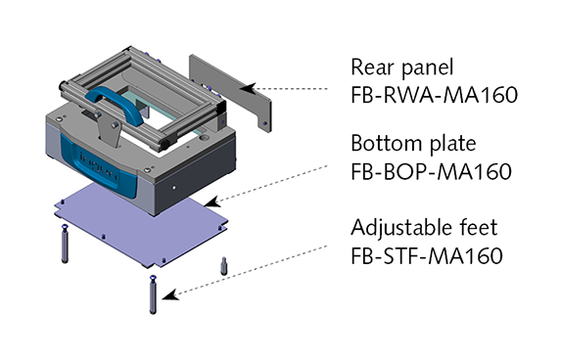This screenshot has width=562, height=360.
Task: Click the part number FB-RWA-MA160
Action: [x=434, y=95]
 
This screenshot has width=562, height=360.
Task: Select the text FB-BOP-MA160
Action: [x=431, y=171]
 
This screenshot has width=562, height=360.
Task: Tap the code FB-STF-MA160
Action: [x=427, y=255]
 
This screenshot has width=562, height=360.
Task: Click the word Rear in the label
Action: [x=372, y=67]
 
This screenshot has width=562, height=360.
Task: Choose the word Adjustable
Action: [x=404, y=227]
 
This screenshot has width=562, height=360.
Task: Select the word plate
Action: [x=453, y=144]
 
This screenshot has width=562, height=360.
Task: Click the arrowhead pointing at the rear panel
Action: [x=248, y=88]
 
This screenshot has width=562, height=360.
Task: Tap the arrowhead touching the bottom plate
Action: [x=211, y=202]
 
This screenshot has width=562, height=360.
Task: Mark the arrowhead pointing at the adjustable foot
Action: [x=170, y=294]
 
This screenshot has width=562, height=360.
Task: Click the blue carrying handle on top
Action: [x=113, y=103]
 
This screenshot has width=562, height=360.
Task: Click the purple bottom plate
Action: [x=141, y=225]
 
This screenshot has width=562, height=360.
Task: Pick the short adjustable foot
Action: [x=224, y=265]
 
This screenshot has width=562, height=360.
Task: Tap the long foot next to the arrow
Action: [x=153, y=294]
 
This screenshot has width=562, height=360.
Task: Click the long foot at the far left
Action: [x=65, y=244]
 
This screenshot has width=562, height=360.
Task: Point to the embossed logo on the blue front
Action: [x=99, y=167]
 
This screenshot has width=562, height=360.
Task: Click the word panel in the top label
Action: [x=428, y=68]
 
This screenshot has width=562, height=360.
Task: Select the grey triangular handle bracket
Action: [x=107, y=130]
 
